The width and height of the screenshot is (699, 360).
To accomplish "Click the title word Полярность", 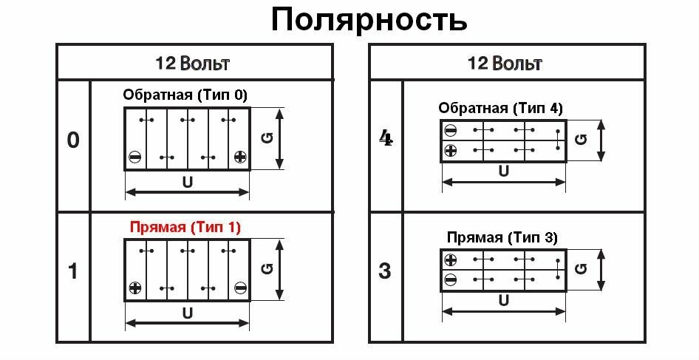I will pos(369,20).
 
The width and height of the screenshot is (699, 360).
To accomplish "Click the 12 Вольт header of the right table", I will pos(505,62).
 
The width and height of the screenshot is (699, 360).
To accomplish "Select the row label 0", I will pos(73,140).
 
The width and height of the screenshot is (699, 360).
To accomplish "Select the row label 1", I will pos(73,271).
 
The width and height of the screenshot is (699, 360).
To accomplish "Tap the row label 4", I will pos(385,139).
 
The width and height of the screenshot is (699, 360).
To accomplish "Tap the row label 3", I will pos(385,271).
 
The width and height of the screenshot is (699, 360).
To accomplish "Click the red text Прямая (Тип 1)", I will pos(185,227).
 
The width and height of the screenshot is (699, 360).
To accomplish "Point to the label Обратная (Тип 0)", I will pos(185,95).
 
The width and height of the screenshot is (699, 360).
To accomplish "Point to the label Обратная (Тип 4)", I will pos(500,108).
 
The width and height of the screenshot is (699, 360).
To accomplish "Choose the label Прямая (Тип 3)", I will pos(502,238).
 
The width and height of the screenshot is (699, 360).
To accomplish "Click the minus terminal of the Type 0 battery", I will pos(134,157).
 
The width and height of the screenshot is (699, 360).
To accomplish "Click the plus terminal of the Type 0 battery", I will pos(240,157).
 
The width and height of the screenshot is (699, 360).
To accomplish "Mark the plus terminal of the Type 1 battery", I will pos(134,288).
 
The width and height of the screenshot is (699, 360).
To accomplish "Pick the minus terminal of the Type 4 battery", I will pos(451,131).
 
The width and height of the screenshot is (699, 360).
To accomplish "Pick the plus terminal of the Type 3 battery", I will pos(451,260).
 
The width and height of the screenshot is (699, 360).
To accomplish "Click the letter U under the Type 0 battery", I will pos(187,181).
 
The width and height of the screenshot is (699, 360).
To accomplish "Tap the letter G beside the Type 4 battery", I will pos(582,139).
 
